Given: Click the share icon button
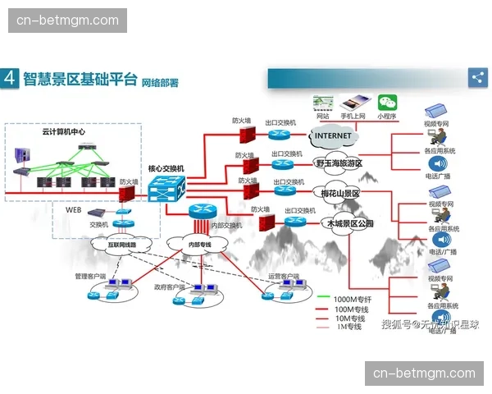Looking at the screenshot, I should [x=477, y=77].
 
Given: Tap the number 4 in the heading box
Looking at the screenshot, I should [x=10, y=79].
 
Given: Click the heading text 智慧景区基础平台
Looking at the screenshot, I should [x=80, y=79].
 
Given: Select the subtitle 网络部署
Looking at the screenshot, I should [x=159, y=82].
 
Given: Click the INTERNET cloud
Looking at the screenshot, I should [x=333, y=135].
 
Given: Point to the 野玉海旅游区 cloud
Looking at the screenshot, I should [x=339, y=163].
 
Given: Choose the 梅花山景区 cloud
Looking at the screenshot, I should [x=337, y=193].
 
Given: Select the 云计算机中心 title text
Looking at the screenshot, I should [x=63, y=131].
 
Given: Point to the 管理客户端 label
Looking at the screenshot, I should [x=92, y=276].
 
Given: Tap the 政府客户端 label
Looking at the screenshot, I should [x=171, y=287].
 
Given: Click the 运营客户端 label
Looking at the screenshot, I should [x=284, y=276].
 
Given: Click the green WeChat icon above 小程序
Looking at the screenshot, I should [x=386, y=103].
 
